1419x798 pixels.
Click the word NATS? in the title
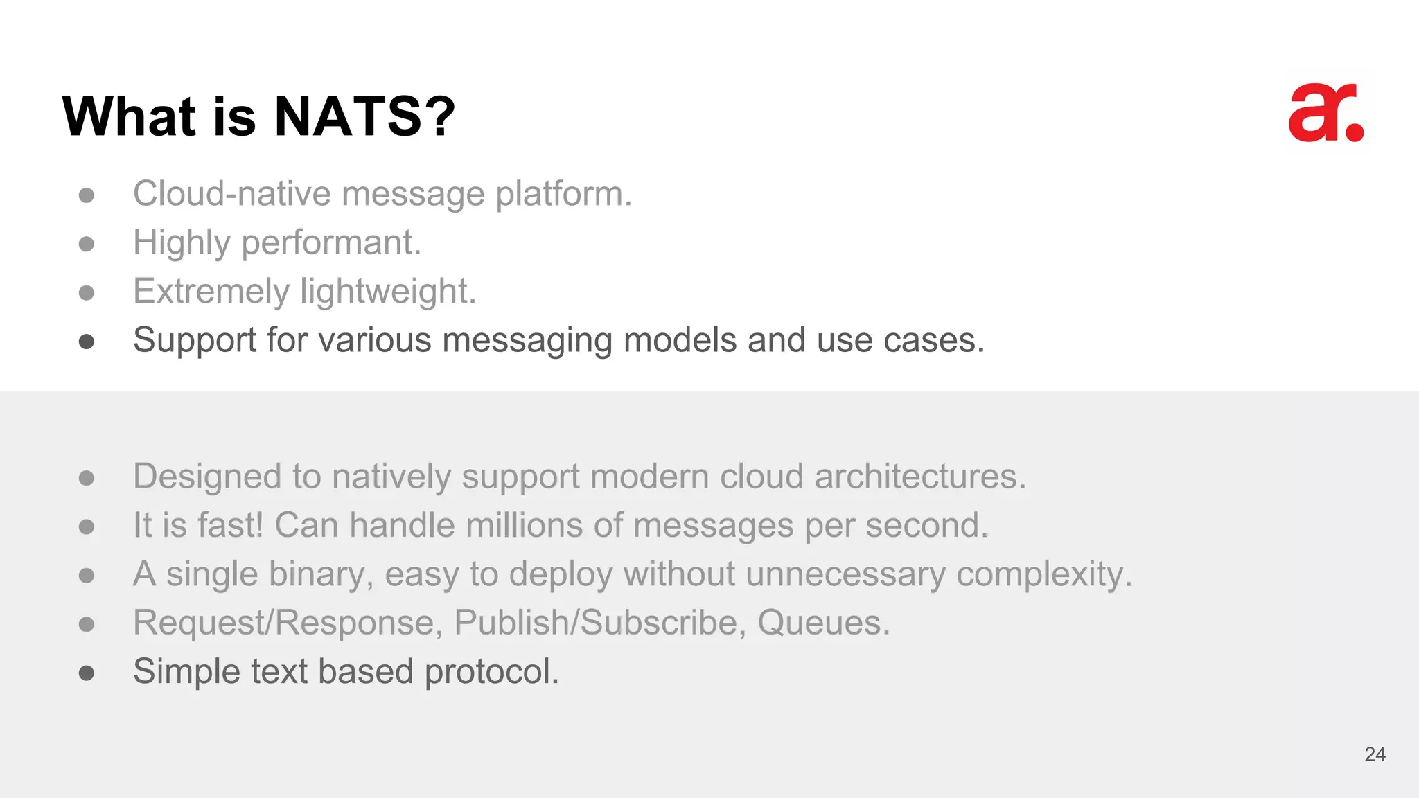click(x=364, y=116)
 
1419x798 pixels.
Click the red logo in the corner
click(x=1325, y=113)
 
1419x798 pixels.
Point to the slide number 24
click(x=1375, y=754)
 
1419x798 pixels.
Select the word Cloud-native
click(x=231, y=194)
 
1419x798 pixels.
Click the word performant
click(x=330, y=243)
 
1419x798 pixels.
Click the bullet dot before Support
click(x=87, y=341)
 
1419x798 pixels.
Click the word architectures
click(x=919, y=477)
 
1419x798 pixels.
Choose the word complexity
click(x=1043, y=574)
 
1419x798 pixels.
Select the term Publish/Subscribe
click(x=599, y=623)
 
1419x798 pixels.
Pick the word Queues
click(x=822, y=623)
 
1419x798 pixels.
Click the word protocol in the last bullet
click(x=491, y=672)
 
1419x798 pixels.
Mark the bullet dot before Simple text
click(x=87, y=673)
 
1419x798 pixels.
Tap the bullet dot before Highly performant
click(x=87, y=244)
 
